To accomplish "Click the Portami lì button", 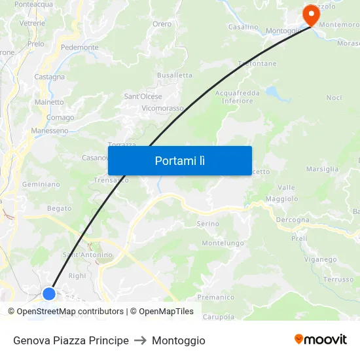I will [x=180, y=160].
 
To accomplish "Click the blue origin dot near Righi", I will [x=49, y=293].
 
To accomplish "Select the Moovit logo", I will [x=321, y=340].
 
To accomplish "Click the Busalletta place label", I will [x=175, y=75].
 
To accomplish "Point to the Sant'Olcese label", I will [x=143, y=97].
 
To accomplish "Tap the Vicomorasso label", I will [x=162, y=108].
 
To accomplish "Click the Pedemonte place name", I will [x=79, y=48].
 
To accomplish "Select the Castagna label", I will [x=50, y=77].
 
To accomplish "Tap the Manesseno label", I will [x=50, y=131].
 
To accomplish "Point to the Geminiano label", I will [x=41, y=185].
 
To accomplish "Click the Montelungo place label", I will [x=222, y=243].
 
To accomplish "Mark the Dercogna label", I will [x=292, y=220].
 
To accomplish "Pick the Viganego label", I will [x=320, y=259].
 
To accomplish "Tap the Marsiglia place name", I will [x=322, y=169].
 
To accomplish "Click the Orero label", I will [x=162, y=24].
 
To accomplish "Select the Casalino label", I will [x=243, y=27].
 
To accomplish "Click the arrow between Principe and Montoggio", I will [x=140, y=340].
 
